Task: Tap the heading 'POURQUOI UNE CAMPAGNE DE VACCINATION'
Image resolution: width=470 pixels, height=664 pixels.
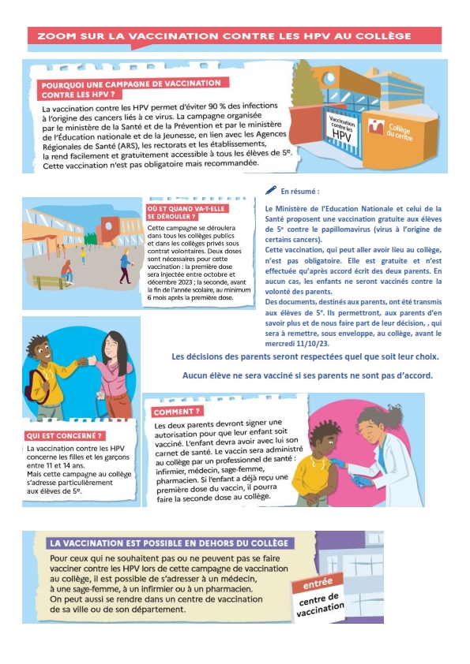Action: click(131, 84)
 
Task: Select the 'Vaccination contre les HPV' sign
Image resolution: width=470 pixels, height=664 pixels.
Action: click(342, 129)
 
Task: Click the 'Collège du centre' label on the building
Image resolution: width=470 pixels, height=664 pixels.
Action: click(399, 132)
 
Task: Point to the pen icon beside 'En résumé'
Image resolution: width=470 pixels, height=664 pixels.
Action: click(271, 190)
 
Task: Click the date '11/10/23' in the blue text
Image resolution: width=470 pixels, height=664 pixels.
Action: click(316, 343)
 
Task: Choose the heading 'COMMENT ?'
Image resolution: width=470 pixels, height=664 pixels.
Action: click(176, 412)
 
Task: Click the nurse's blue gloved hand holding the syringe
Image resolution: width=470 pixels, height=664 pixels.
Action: click(360, 480)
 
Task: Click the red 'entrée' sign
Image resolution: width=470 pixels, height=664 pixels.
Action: click(318, 583)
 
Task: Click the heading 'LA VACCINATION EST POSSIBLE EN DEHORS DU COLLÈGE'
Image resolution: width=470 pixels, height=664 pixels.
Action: click(169, 543)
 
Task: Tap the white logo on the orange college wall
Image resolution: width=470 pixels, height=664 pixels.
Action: click(376, 127)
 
